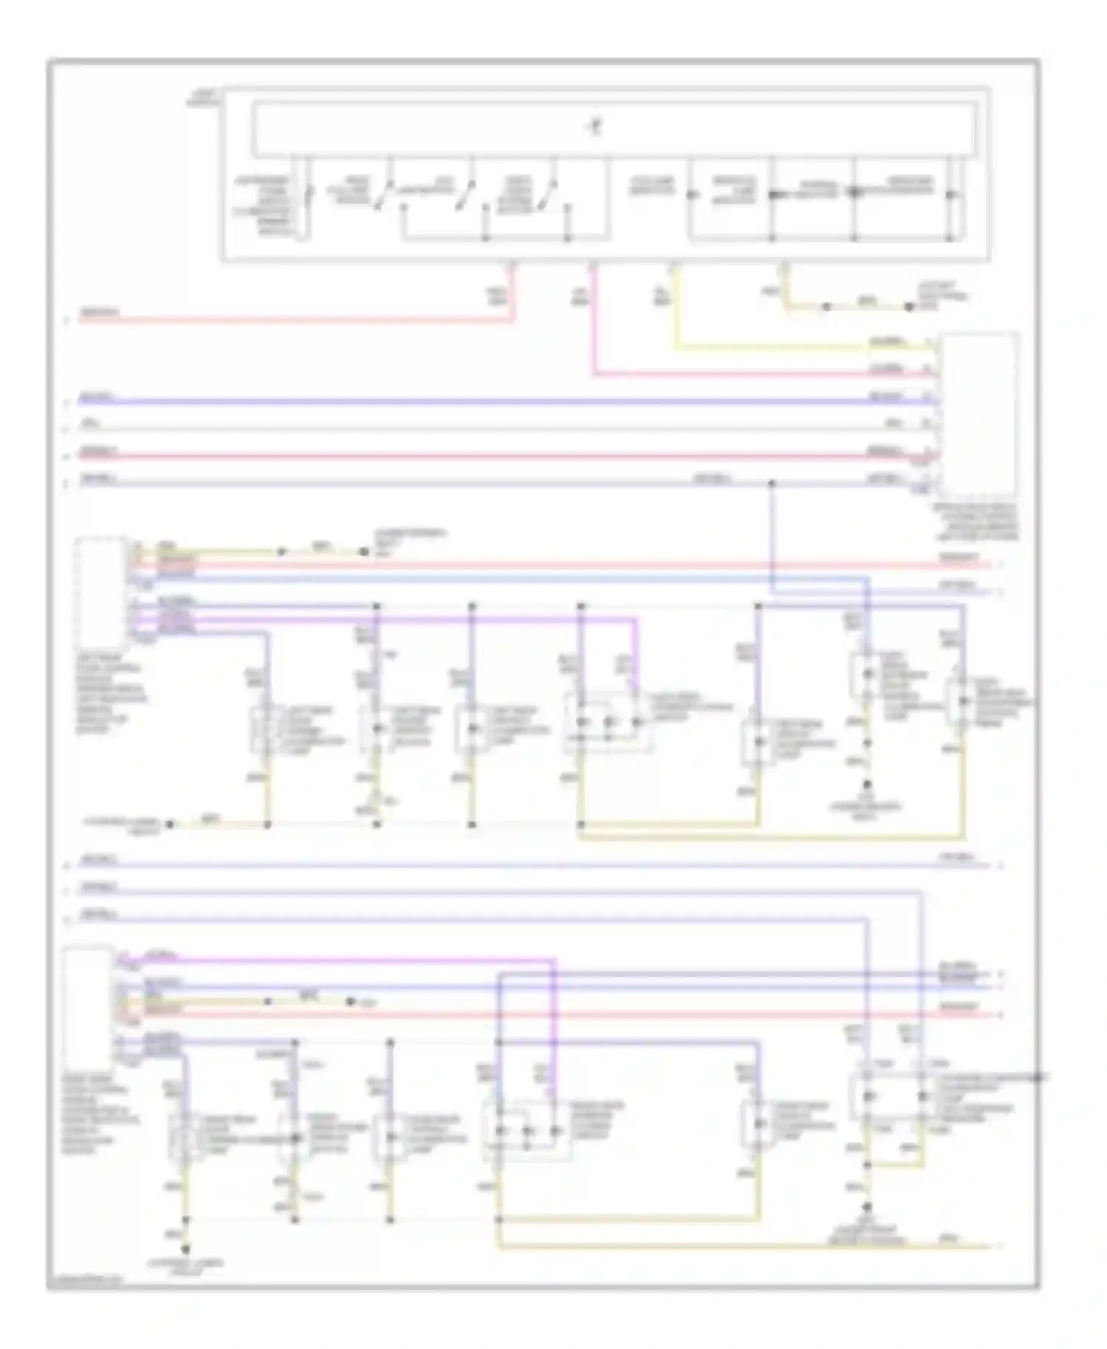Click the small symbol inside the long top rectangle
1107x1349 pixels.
(x=595, y=127)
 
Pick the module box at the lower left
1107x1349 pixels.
(x=87, y=1007)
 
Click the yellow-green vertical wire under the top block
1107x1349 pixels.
(x=674, y=310)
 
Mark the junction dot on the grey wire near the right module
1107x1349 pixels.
(x=772, y=484)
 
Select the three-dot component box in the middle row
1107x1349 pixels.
(x=608, y=721)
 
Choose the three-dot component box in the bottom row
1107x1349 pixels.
(x=526, y=1131)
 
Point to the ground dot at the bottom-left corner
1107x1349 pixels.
(x=185, y=1249)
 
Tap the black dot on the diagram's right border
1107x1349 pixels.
(x=1038, y=1077)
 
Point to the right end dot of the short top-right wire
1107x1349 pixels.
(x=910, y=306)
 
